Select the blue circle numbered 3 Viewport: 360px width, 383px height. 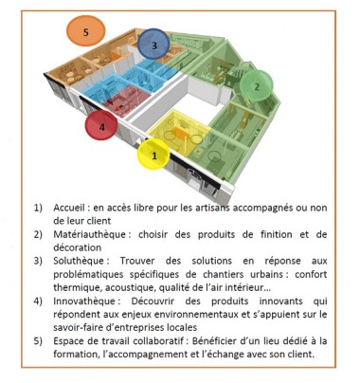click(x=153, y=44)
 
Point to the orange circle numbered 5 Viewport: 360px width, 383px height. click(x=86, y=31)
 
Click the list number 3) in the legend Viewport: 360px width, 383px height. click(x=39, y=256)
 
